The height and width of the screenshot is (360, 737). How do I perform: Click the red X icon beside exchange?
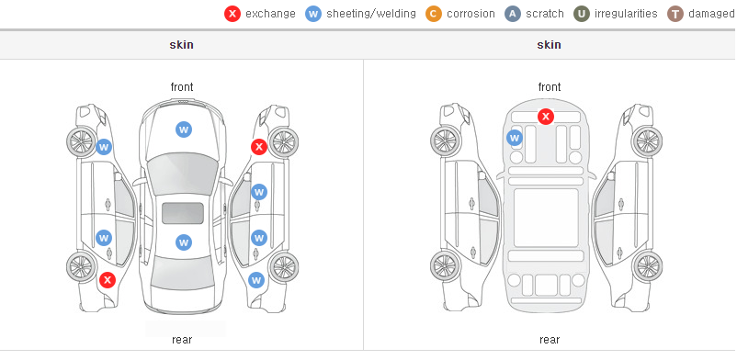[232, 14]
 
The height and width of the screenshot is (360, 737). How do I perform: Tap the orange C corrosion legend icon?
[434, 14]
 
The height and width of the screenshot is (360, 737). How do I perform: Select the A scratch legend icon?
[513, 14]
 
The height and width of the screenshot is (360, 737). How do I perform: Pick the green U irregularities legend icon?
[582, 14]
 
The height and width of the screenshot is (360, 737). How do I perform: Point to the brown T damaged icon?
[675, 14]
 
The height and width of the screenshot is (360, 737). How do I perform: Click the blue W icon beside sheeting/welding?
[313, 14]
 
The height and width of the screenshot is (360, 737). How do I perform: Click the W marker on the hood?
[184, 129]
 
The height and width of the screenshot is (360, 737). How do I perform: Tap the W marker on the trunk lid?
[184, 242]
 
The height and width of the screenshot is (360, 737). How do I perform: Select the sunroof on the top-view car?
[183, 213]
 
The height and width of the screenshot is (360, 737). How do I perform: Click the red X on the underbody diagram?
[546, 116]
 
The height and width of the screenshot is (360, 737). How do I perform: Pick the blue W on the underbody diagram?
[515, 138]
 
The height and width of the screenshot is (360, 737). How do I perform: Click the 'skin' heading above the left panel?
[181, 45]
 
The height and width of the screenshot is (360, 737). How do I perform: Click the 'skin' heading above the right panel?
[549, 45]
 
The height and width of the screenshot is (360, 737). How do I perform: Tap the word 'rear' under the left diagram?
[182, 340]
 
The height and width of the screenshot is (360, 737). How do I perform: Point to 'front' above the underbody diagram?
[550, 87]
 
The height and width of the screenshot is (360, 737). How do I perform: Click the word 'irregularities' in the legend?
[626, 14]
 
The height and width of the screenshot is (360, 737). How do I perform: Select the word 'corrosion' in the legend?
[471, 14]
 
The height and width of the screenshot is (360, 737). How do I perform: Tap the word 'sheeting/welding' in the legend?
[371, 14]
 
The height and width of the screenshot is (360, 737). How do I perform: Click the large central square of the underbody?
[546, 218]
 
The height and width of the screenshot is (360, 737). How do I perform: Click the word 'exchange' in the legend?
[270, 14]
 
